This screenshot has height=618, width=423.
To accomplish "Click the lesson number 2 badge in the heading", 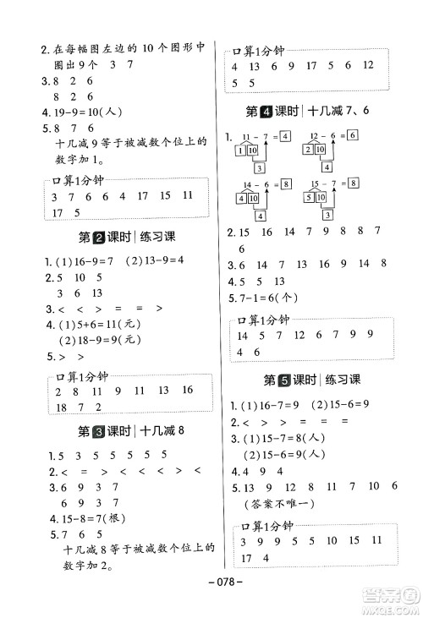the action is pyautogui.click(x=97, y=238).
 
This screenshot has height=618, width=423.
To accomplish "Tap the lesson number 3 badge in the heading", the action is pyautogui.click(x=97, y=430).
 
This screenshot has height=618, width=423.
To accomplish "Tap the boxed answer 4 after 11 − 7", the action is pyautogui.click(x=285, y=136).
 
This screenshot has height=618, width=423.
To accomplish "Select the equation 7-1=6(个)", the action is pyautogui.click(x=268, y=298).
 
